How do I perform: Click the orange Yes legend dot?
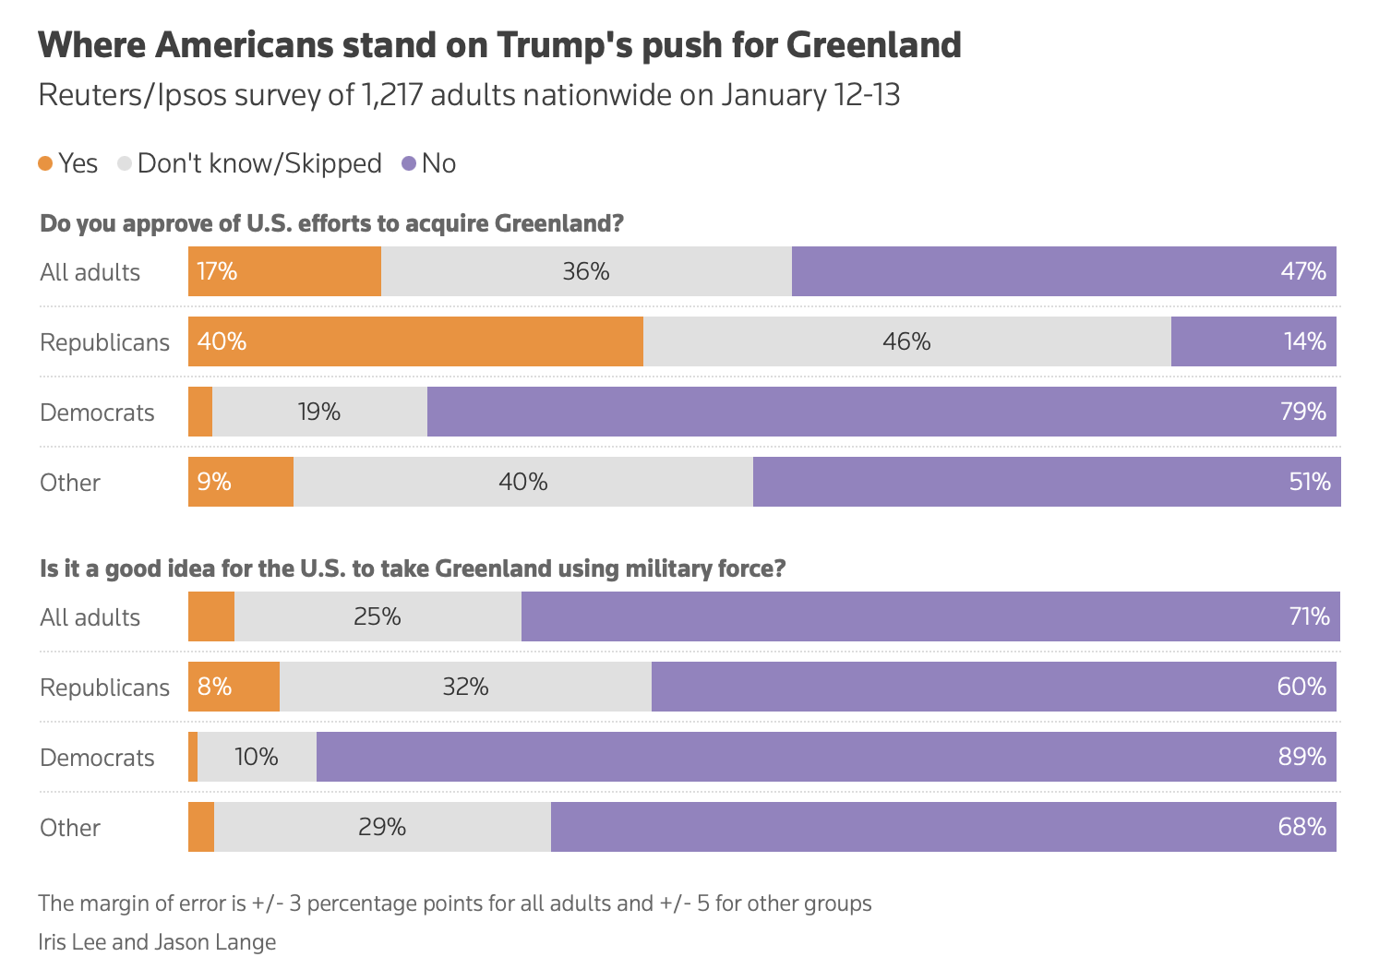45,164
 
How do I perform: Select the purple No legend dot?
409,164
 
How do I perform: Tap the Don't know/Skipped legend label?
259,163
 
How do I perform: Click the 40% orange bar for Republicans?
415,341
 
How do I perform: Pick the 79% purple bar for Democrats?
881,412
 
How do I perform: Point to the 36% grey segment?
586,271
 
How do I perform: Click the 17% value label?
217,271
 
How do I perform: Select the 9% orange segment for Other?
241,482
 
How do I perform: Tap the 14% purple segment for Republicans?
1253,341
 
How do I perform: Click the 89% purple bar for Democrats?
826,757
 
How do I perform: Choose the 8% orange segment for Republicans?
234,687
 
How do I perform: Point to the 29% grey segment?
382,827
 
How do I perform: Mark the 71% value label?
1309,616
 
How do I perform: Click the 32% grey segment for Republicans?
465,687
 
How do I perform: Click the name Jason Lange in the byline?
215,942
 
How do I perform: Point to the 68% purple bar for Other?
943,827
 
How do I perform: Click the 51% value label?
1309,482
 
